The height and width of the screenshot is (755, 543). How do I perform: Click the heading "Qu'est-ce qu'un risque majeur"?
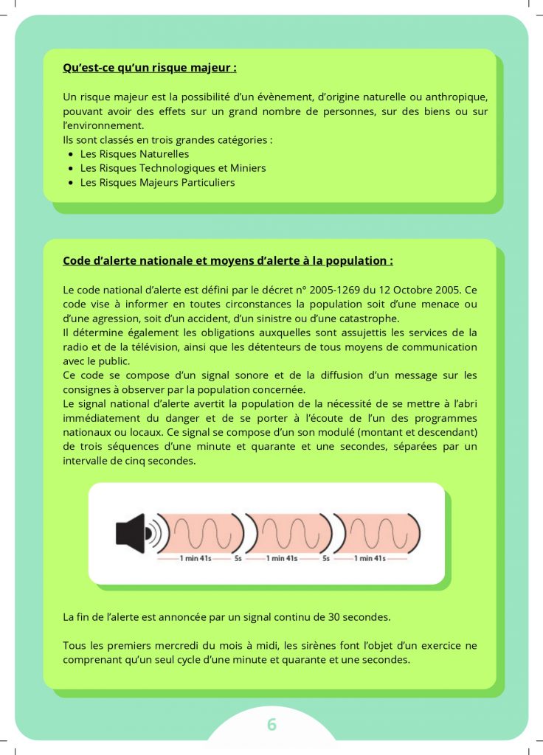click(150, 69)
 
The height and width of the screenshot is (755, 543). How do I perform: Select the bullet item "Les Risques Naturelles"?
click(134, 154)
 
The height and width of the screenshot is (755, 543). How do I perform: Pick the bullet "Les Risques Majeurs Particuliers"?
click(157, 182)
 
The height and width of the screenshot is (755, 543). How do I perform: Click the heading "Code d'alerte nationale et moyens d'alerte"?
click(227, 261)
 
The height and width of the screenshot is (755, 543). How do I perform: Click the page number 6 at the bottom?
click(271, 725)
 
